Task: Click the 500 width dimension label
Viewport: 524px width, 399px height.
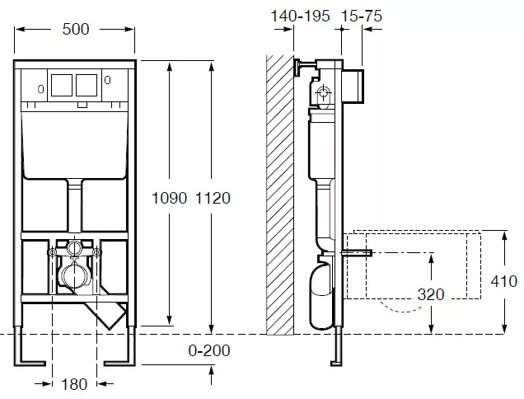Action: [76, 29]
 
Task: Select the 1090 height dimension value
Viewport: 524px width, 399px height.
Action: [169, 198]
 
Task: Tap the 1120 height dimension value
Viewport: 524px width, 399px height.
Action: [213, 198]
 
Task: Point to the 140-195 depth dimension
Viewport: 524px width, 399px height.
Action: [300, 16]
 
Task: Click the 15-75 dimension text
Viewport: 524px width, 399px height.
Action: [362, 16]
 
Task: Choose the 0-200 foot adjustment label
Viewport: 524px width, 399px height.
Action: [209, 350]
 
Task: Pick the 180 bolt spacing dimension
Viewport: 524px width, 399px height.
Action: [74, 384]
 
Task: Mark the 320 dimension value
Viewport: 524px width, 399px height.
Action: [431, 294]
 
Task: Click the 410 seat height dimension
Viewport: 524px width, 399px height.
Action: [504, 281]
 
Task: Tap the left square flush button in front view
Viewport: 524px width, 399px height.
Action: [62, 85]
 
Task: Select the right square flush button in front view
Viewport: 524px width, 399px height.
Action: [87, 85]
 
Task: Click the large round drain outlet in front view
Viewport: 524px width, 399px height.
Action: [74, 275]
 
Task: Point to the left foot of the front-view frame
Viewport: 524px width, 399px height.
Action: [30, 363]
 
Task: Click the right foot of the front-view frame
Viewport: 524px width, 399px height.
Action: [119, 363]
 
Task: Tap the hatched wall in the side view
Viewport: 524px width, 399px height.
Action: [280, 195]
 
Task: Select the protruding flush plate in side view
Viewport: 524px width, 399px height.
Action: [353, 86]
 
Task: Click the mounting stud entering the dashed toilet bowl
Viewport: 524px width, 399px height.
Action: [357, 253]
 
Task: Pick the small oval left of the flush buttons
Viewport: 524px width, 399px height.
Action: [40, 89]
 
